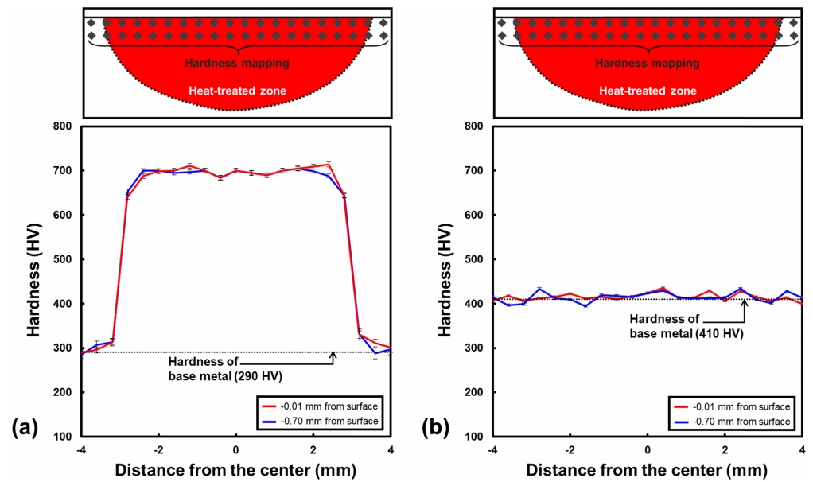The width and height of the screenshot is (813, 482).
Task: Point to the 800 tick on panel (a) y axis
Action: click(x=64, y=126)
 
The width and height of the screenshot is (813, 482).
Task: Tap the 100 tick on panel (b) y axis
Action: click(x=475, y=437)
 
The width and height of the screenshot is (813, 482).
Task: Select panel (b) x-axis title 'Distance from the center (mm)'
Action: click(x=648, y=470)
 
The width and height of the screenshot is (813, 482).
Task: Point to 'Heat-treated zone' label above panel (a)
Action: click(x=237, y=91)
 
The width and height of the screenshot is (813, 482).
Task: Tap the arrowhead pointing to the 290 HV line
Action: click(x=333, y=355)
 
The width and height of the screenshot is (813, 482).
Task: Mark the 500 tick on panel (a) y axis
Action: click(x=64, y=259)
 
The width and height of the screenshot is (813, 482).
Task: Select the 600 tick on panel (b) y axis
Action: click(x=475, y=215)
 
